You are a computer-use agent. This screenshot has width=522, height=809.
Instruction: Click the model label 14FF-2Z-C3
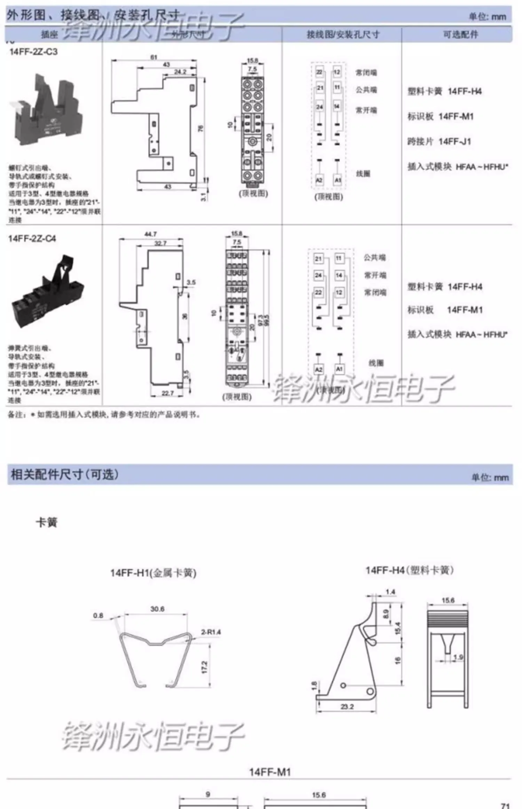[x=33, y=52]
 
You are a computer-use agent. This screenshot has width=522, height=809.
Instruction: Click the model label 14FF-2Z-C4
[x=32, y=239]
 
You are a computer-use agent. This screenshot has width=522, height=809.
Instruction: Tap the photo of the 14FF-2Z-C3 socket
[x=49, y=110]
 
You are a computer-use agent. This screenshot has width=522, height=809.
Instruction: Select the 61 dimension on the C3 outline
[x=154, y=57]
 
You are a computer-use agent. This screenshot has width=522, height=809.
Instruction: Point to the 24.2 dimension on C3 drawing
[x=180, y=72]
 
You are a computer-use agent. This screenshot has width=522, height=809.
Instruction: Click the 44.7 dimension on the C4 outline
[x=150, y=234]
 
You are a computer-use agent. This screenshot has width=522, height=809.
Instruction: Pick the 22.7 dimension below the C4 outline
[x=167, y=393]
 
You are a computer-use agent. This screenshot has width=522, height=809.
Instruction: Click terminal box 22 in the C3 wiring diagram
[x=319, y=72]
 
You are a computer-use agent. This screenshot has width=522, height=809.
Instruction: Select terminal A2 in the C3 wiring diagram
[x=319, y=180]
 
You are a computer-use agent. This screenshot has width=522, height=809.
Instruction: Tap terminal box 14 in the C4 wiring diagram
[x=339, y=275]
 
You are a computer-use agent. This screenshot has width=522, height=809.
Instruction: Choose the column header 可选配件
[x=460, y=34]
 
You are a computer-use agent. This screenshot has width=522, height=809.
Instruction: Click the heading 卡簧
[x=47, y=522]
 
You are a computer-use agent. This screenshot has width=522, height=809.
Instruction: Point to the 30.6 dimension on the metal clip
[x=157, y=609]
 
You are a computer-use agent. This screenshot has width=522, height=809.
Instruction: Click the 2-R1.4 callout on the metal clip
[x=211, y=632]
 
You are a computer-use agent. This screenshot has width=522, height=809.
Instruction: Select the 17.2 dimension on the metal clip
[x=205, y=667]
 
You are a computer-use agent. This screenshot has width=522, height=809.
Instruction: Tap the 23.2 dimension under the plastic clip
[x=347, y=707]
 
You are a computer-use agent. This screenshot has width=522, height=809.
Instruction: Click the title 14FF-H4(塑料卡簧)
[x=409, y=570]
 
